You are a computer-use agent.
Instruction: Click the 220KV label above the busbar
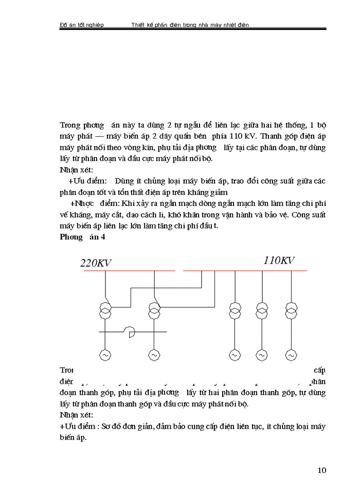tap(96, 262)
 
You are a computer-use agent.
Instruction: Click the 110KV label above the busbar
tap(279, 260)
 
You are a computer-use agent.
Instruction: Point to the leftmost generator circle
tap(105, 355)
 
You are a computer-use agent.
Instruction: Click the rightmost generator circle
tap(291, 355)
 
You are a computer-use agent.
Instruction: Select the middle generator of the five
tap(235, 355)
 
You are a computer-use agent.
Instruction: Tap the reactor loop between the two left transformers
tap(131, 333)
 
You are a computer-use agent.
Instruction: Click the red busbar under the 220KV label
tap(129, 270)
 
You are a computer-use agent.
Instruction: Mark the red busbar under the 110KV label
tap(245, 271)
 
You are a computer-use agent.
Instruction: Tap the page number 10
tap(322, 470)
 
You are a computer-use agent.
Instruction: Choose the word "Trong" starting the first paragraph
tap(71, 125)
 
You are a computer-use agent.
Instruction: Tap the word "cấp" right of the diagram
tap(319, 369)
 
